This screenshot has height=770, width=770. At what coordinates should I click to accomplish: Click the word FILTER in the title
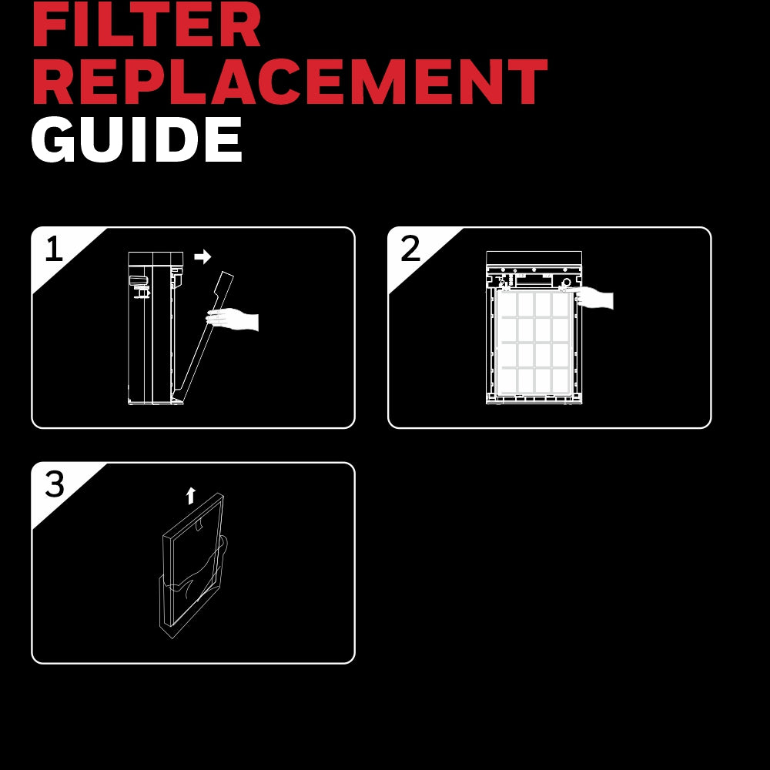[146, 25]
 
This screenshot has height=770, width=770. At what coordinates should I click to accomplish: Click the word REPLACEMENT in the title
[290, 82]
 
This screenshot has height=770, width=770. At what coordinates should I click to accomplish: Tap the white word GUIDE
[136, 139]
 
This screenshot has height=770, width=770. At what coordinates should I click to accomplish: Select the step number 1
[54, 249]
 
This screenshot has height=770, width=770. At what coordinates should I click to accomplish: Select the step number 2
[410, 249]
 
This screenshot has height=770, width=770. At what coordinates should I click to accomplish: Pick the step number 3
[55, 484]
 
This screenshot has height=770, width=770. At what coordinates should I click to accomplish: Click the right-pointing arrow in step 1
[203, 256]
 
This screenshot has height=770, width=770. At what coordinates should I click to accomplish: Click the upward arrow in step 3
[191, 496]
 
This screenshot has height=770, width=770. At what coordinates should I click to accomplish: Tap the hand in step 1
[233, 320]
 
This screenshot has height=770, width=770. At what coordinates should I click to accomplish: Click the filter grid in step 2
[534, 343]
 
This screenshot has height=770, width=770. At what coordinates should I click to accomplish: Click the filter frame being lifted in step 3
[193, 560]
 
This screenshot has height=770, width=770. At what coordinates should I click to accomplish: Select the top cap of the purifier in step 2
[534, 258]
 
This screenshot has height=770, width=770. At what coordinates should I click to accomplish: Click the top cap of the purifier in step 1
[156, 259]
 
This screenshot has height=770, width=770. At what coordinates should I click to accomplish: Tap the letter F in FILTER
[48, 25]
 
